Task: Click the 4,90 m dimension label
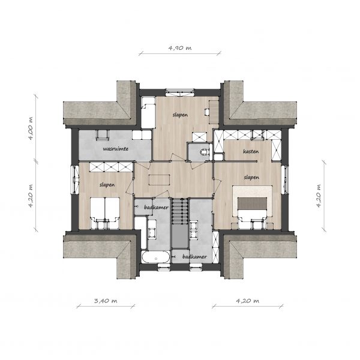click(180, 48)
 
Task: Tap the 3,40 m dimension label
click(106, 301)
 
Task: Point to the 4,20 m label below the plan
click(247, 301)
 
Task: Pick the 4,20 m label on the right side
click(319, 196)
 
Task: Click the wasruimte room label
click(115, 149)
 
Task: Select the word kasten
click(251, 152)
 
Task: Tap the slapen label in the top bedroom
click(180, 115)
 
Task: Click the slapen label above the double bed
click(251, 178)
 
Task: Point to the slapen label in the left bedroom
click(107, 185)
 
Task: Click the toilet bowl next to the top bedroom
click(204, 152)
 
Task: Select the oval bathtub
click(156, 257)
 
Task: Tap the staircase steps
click(180, 211)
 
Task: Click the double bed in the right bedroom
click(253, 206)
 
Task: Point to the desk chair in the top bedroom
click(207, 112)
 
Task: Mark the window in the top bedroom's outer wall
click(180, 92)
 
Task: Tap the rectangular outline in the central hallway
click(160, 180)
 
